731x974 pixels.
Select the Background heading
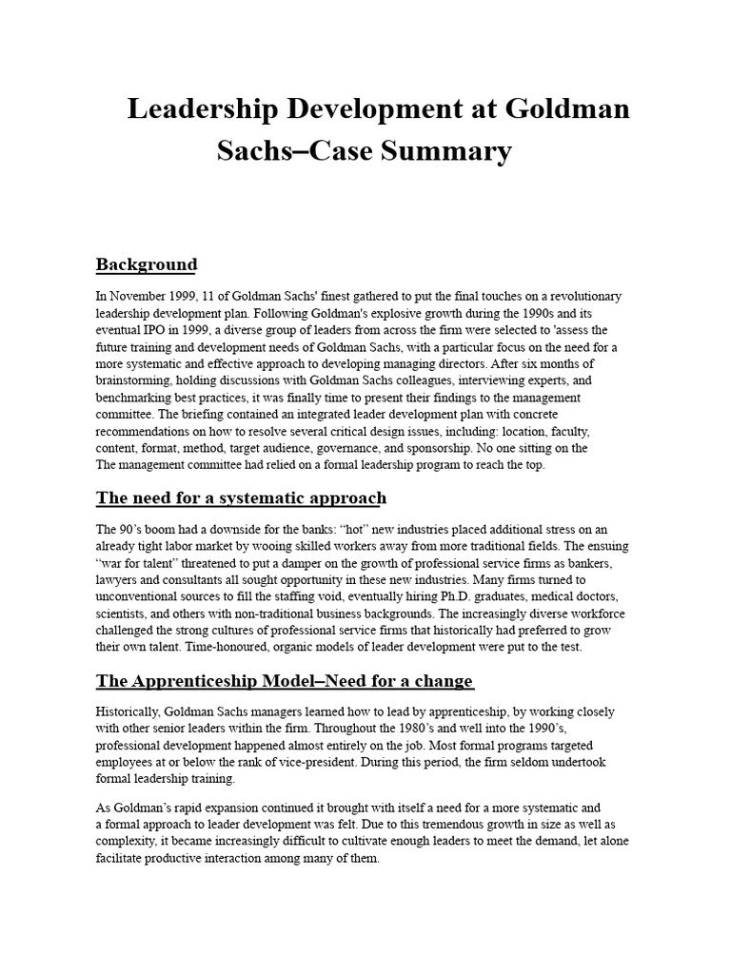pos(147,264)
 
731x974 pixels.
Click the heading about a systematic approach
pos(242,497)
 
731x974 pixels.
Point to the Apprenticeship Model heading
pos(285,681)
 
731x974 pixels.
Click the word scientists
pos(123,614)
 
